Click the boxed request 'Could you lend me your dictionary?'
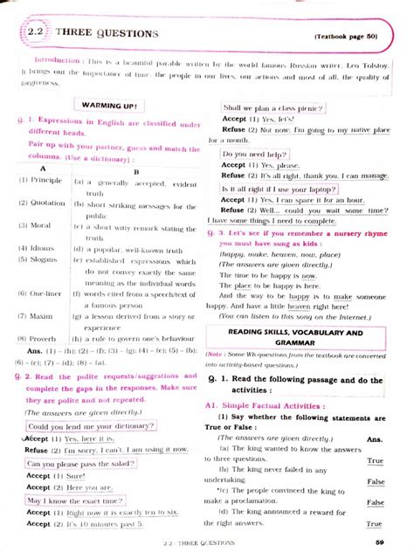89,425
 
